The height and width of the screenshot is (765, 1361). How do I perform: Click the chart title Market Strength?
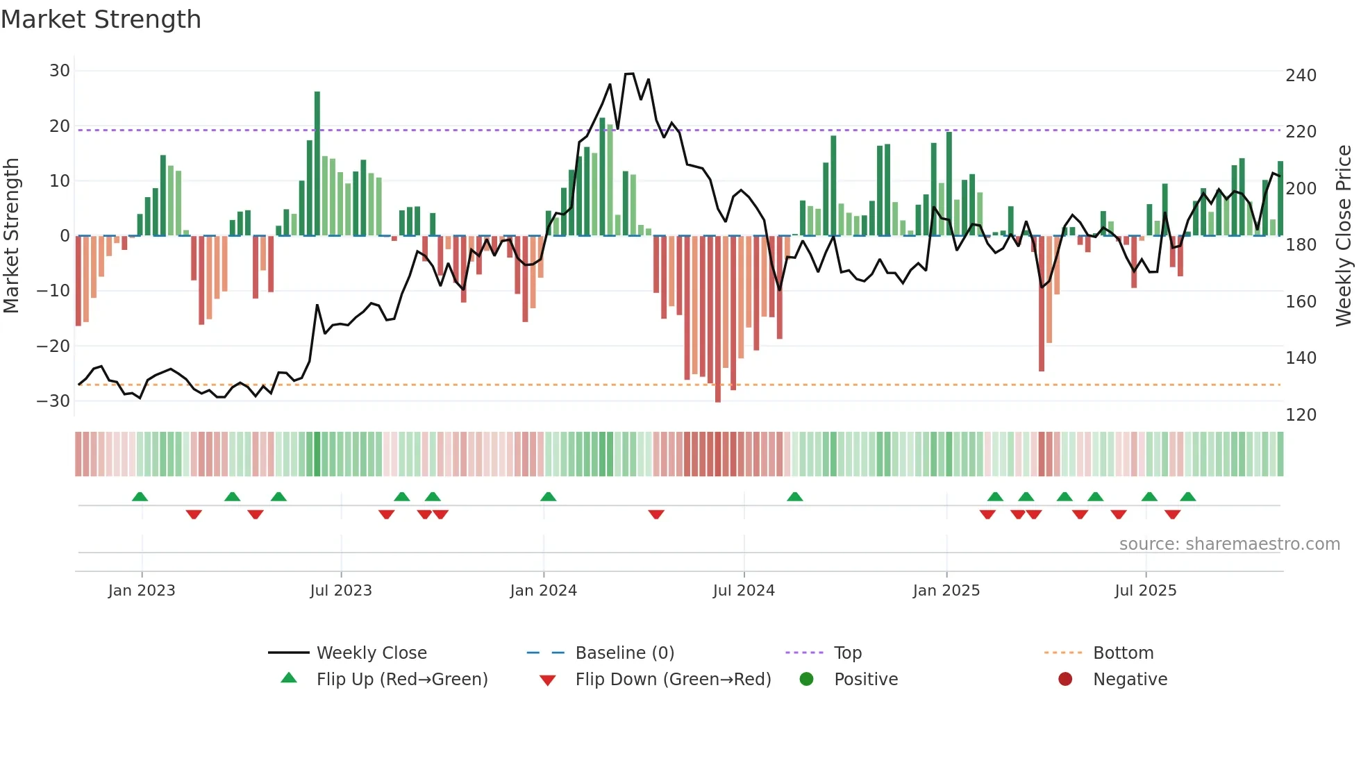tap(101, 19)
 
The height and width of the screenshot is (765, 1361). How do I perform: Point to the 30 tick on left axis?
tap(60, 71)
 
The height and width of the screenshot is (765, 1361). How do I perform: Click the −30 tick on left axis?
tap(54, 401)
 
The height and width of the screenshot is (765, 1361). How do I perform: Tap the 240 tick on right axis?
tap(1301, 76)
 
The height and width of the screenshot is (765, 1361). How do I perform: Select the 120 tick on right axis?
tap(1301, 415)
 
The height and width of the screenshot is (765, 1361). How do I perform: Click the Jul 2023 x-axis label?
tap(341, 591)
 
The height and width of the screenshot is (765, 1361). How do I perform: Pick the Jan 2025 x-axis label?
tap(946, 591)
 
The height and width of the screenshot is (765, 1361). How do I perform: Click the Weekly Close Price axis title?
tap(1344, 236)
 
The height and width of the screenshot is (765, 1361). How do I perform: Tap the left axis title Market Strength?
tap(11, 236)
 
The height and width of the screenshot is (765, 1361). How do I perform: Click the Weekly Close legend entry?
tap(371, 653)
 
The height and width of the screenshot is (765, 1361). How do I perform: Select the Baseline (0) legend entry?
tap(624, 653)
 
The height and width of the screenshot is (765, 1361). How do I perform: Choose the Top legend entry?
tap(847, 653)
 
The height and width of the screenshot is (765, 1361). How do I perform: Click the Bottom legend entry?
tap(1123, 653)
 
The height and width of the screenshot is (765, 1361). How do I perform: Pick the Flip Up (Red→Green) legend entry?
tap(401, 680)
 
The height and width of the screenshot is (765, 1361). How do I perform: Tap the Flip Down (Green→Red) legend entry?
tap(673, 680)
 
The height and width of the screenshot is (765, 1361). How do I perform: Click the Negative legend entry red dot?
tap(1065, 680)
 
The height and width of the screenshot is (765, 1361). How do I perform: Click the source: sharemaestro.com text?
tap(1229, 544)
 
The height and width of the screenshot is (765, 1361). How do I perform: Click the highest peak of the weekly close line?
tap(629, 74)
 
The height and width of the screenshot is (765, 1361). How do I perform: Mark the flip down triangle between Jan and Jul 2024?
tap(656, 514)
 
